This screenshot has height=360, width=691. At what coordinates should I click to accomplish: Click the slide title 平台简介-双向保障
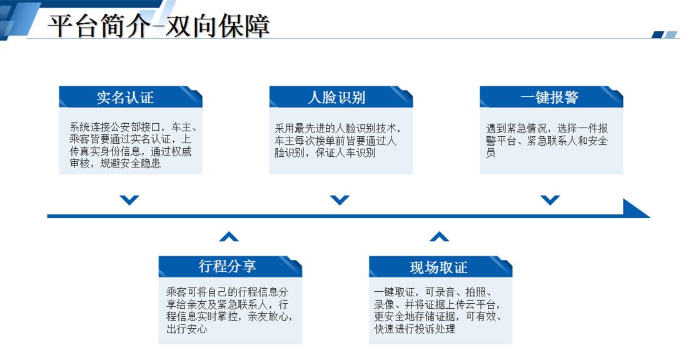coord(159,26)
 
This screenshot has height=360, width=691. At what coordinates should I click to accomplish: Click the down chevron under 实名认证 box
coord(129,200)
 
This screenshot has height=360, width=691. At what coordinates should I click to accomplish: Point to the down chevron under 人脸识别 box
coord(340,200)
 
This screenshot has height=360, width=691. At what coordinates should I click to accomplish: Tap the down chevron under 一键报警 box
coord(550,200)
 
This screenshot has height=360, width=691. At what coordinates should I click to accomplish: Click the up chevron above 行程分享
coord(229,237)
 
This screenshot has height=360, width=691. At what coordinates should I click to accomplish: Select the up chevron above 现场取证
coord(440,237)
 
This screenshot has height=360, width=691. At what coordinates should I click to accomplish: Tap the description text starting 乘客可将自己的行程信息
coord(229,310)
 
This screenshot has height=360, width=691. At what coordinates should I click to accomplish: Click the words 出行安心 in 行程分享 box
coord(187,329)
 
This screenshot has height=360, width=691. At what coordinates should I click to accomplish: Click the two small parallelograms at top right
coord(664,35)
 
